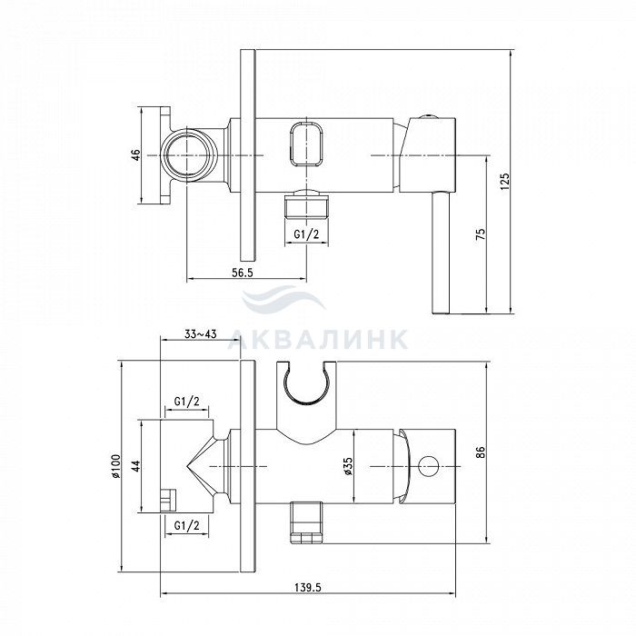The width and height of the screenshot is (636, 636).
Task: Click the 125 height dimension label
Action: click(x=504, y=182)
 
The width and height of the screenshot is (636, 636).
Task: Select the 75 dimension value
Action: click(x=481, y=234)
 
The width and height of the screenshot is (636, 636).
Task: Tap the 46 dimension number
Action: click(x=136, y=155)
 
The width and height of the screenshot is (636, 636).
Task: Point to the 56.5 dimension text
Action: click(x=243, y=273)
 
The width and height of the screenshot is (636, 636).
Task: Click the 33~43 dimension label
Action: click(x=201, y=334)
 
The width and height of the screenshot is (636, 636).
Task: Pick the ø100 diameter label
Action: click(x=115, y=465)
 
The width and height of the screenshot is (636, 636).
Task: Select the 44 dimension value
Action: click(x=136, y=465)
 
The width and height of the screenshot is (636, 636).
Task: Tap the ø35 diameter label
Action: click(x=348, y=466)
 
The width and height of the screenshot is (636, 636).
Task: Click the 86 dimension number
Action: click(x=481, y=452)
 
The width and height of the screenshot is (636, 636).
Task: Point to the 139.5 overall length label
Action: click(x=307, y=587)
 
